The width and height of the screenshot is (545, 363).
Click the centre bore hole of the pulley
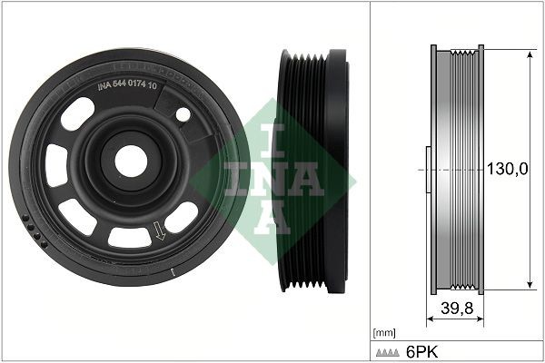131,161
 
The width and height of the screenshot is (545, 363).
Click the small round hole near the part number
183,114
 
